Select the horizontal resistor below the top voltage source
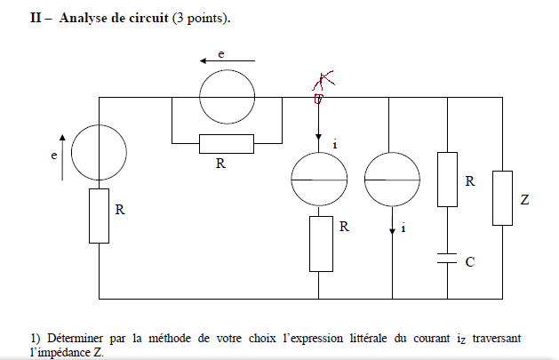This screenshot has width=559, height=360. click(226, 143)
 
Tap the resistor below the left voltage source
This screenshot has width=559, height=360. click(99, 215)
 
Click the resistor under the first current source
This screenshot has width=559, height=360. click(319, 244)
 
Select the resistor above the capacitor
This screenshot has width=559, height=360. click(447, 180)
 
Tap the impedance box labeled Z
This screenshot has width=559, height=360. click(503, 198)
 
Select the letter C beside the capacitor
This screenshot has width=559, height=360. click(469, 262)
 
